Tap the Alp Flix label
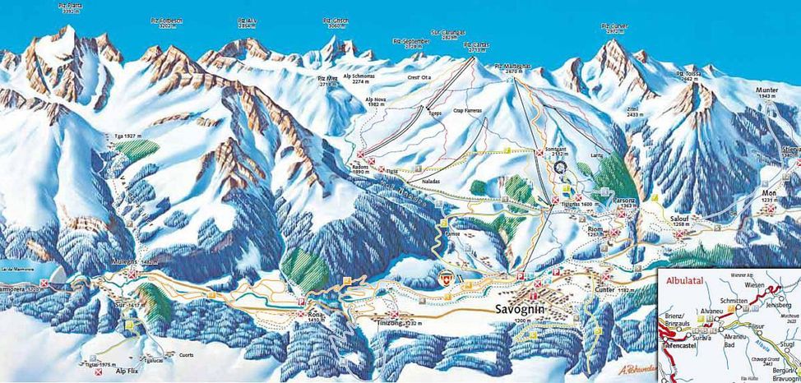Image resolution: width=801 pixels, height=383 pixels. point(123,371)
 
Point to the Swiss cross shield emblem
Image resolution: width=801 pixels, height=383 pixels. point(447,278)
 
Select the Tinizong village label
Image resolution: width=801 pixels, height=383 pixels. point(398,324)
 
